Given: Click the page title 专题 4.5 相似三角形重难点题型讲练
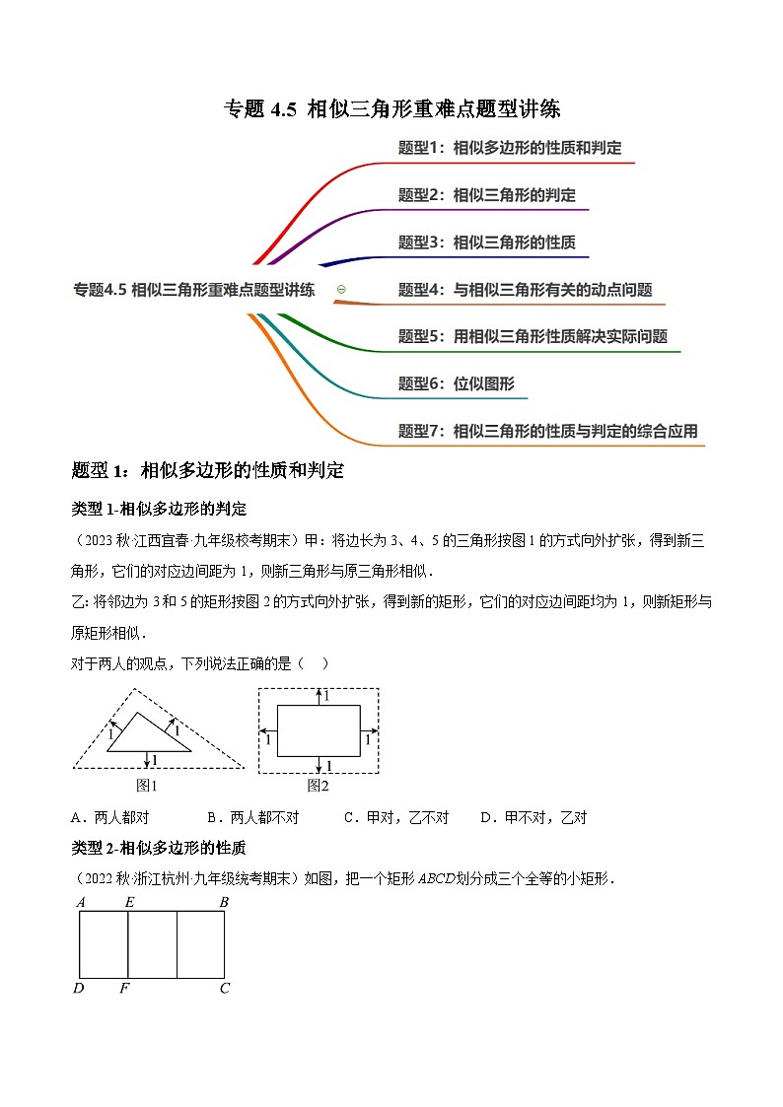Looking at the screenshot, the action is [x=392, y=108].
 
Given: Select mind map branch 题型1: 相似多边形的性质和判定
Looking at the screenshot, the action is [x=510, y=148].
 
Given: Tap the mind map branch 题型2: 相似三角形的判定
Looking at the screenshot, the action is [x=486, y=195].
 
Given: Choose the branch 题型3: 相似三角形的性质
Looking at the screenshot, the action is [x=486, y=242].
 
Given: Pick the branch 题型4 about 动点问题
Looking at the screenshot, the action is [x=525, y=290].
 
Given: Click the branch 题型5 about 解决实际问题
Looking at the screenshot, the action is [x=533, y=336].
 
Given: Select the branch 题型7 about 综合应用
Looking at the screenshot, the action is [x=547, y=431].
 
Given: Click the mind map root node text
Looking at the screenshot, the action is [x=194, y=290].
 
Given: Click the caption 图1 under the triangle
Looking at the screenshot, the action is [x=147, y=786].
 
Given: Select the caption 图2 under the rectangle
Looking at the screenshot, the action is [x=318, y=786].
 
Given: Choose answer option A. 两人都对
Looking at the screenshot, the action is [x=111, y=817].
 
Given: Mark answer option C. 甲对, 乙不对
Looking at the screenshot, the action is [x=396, y=817].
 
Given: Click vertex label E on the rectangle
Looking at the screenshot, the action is [x=129, y=902].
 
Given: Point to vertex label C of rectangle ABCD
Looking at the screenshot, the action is [x=225, y=988].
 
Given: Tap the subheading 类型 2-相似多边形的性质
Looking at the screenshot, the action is [x=159, y=848].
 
